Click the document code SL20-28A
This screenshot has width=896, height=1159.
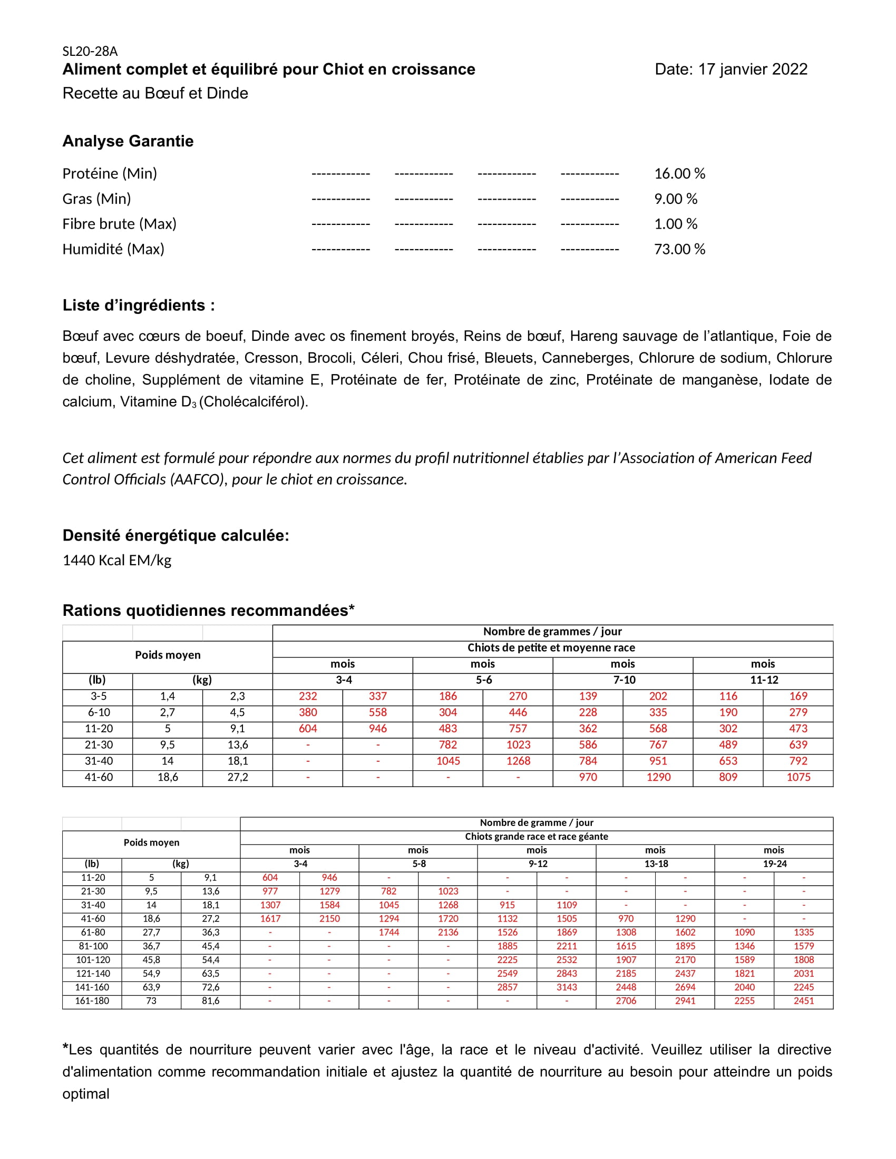(90, 52)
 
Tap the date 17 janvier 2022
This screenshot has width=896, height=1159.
(752, 70)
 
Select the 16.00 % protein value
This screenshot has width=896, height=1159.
(679, 173)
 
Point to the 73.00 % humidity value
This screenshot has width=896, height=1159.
(679, 249)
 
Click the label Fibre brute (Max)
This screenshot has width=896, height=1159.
(120, 224)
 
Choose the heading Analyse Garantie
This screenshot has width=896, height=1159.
(128, 141)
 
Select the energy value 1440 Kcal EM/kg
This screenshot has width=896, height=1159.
(117, 561)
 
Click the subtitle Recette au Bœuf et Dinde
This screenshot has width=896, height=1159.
(155, 93)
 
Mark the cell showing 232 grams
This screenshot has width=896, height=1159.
(308, 696)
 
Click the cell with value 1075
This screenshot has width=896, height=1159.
(798, 778)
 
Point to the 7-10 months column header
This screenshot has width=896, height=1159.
(624, 680)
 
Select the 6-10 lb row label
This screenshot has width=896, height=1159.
(98, 713)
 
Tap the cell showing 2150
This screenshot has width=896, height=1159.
(329, 919)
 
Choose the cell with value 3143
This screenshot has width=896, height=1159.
(567, 987)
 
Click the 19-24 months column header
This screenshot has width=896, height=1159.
(774, 864)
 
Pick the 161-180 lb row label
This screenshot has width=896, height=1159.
(92, 1001)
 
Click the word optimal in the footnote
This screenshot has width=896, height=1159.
(86, 1094)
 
